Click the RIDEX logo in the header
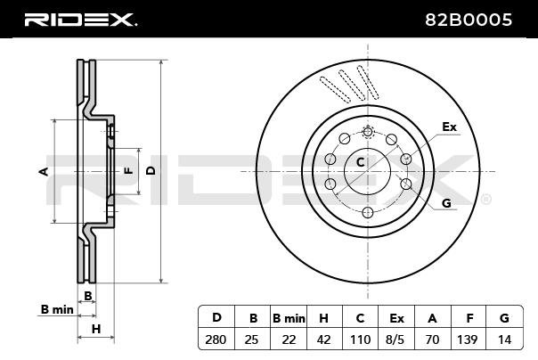coord(79,19)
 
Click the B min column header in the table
coord(289,317)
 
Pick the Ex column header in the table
coord(397,317)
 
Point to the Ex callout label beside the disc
coord(449,127)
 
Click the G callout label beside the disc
coord(446,203)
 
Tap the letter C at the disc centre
coord(361,162)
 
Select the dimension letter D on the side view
coord(151,169)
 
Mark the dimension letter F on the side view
coord(127,169)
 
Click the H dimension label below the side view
coord(96,329)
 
